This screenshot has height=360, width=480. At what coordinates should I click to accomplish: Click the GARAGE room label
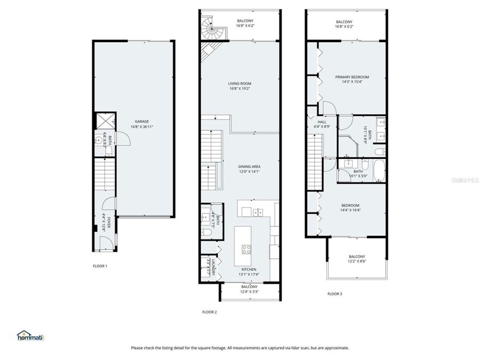click(141, 121)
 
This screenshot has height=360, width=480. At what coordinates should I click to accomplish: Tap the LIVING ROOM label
click(239, 83)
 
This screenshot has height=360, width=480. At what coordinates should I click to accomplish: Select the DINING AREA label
click(249, 166)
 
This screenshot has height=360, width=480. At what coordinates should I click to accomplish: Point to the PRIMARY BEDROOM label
click(351, 77)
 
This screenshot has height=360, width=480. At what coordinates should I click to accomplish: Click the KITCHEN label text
click(249, 269)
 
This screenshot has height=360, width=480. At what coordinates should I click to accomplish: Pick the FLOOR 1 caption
click(100, 266)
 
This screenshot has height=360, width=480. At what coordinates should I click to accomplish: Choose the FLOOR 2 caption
click(209, 312)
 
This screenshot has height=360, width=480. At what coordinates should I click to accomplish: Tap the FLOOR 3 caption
click(334, 293)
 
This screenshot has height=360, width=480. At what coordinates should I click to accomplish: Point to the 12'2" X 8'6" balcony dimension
click(357, 261)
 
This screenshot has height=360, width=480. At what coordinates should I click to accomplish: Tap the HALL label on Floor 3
click(322, 122)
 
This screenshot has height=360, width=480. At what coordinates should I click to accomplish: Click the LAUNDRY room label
click(213, 267)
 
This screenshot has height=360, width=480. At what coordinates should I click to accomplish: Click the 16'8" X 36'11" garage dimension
click(141, 126)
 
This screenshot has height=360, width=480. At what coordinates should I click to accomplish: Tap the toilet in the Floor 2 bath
click(206, 231)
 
